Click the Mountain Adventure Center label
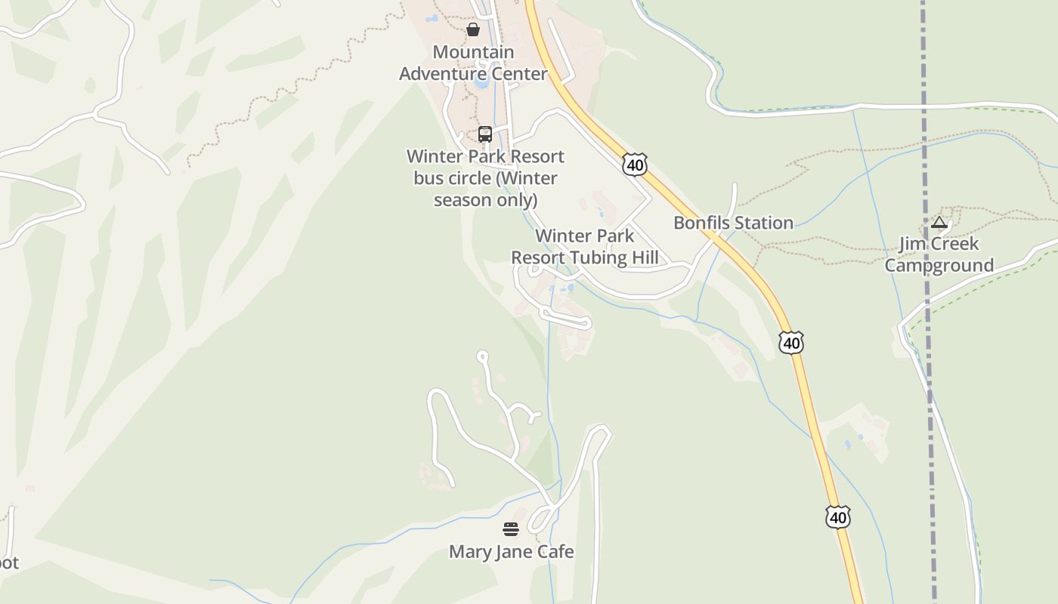pos(473,63)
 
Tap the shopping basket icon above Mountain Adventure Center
pos(473,29)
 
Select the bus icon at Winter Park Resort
pos(485,134)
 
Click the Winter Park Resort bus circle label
pos(485,178)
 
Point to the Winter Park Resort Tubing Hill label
pos(584,247)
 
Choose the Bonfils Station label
pos(733,223)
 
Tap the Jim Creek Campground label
pos(939,254)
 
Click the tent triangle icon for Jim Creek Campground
pos(939,222)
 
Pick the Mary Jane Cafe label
pos(511,552)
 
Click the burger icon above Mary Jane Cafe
pos(511,528)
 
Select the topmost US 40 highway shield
pos(635,165)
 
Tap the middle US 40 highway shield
pos(790,344)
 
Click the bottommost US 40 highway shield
pos(837,517)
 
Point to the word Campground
pos(939,266)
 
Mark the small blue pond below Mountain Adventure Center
pos(481,84)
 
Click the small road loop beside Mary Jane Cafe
pos(542,519)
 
